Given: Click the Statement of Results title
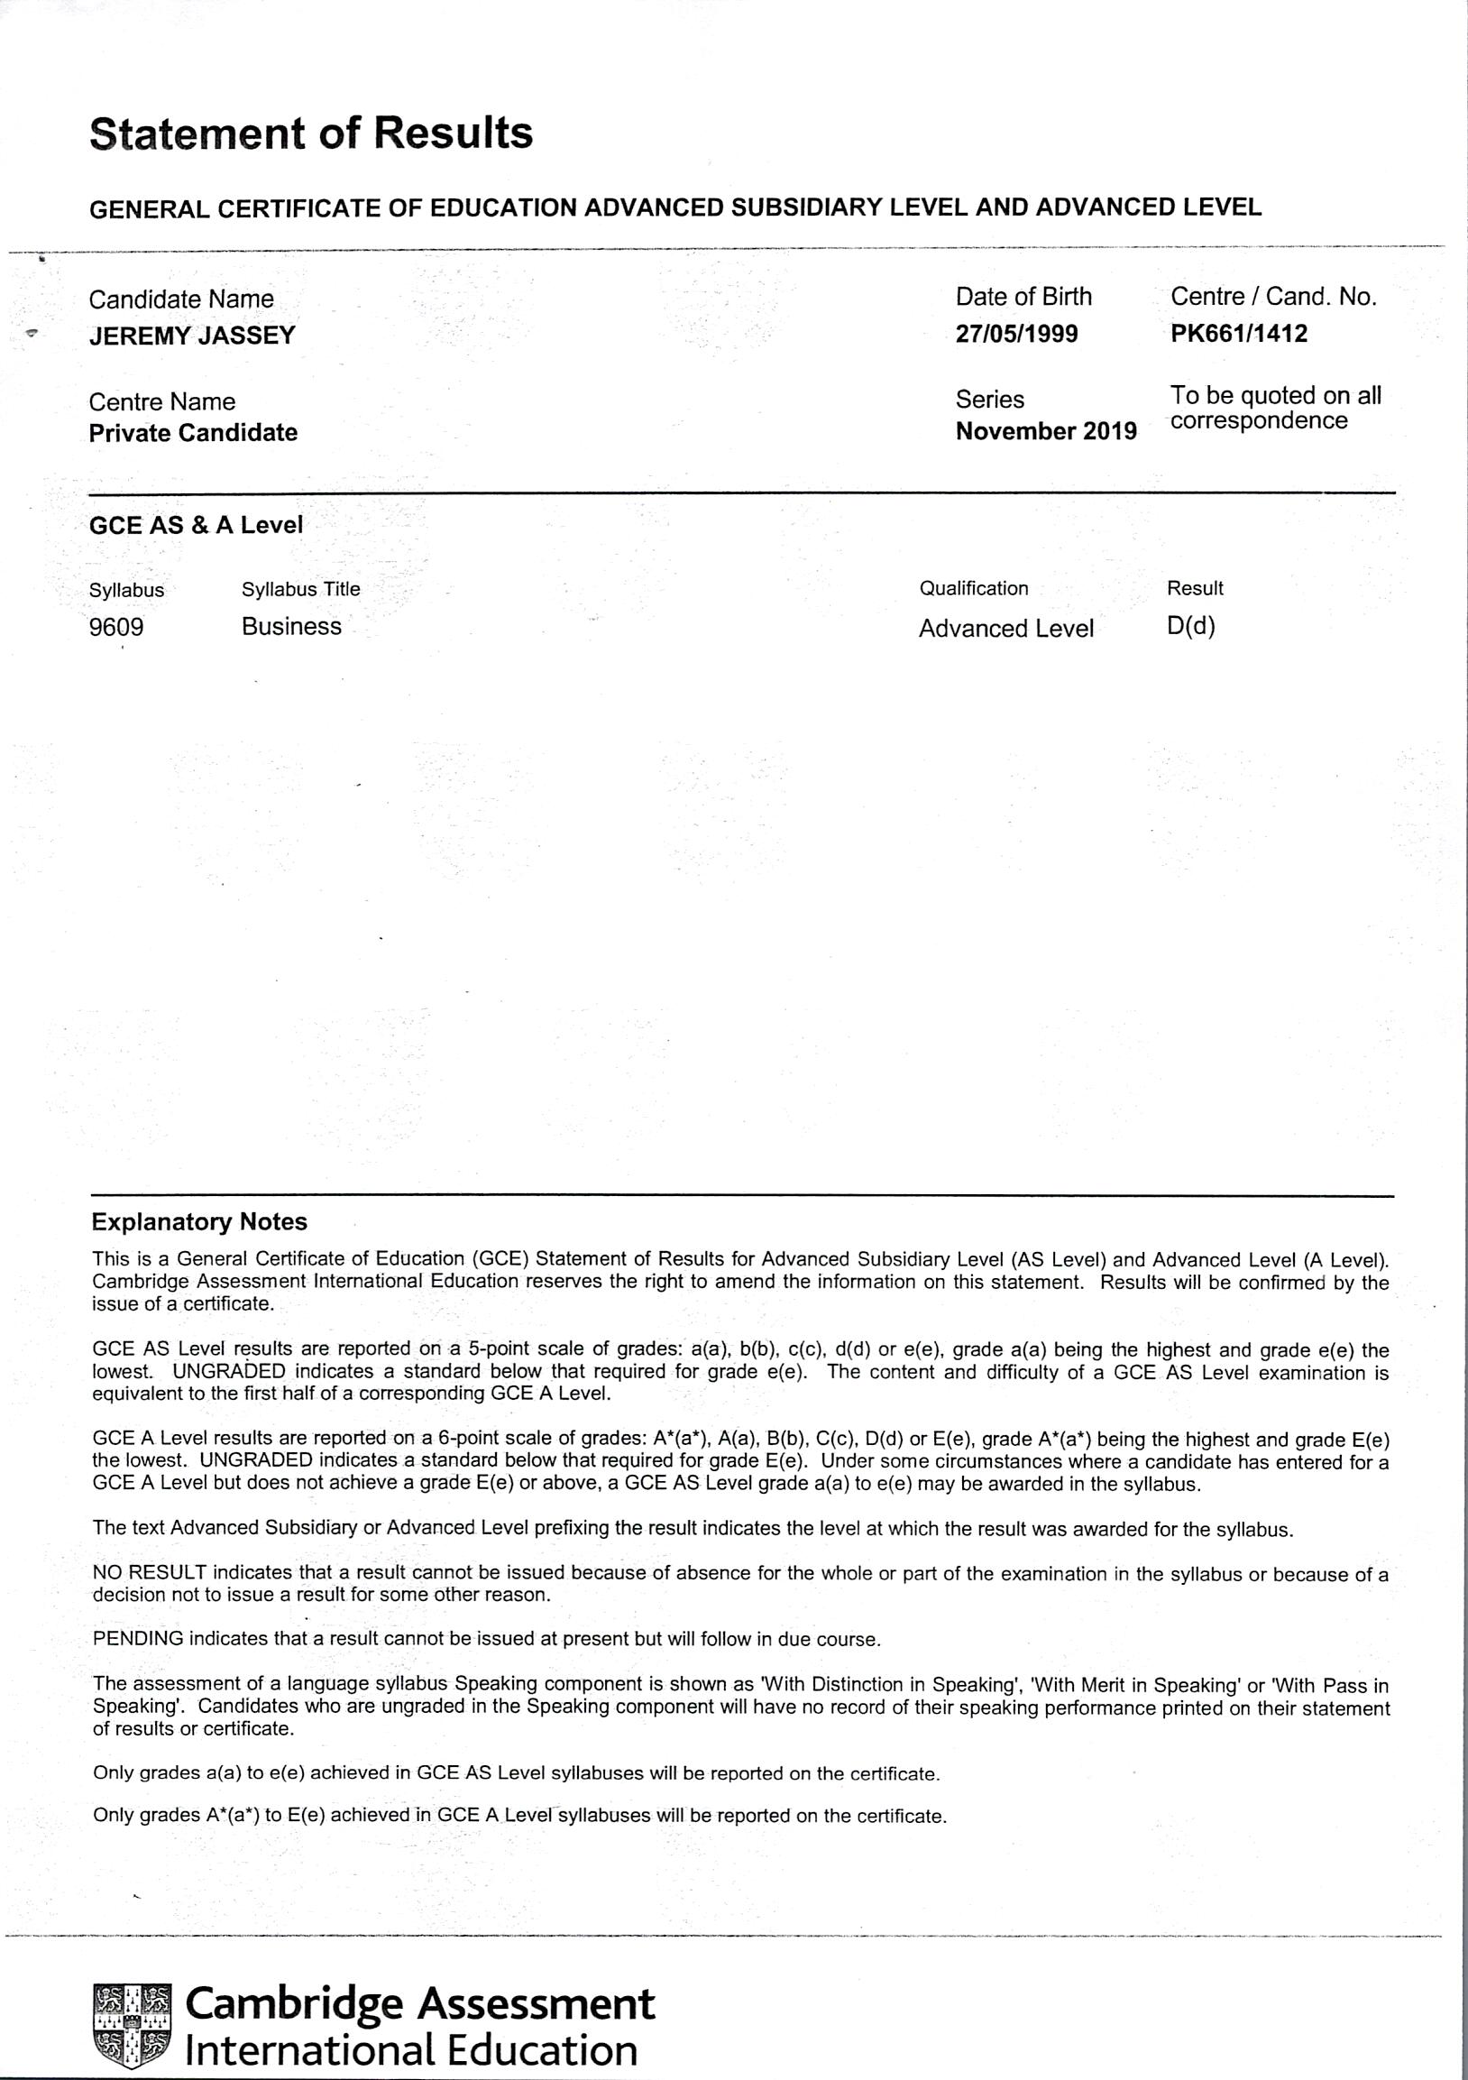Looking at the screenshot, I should (x=311, y=134).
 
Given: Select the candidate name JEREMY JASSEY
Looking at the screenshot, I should (x=192, y=336).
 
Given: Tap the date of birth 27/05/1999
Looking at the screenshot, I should (x=1017, y=335).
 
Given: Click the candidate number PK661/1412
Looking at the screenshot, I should (x=1239, y=335).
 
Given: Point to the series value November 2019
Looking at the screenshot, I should (x=1046, y=431).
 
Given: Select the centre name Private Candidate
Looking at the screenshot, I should (x=193, y=433).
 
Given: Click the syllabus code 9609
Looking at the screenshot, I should (x=116, y=627).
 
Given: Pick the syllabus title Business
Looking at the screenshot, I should (x=291, y=627).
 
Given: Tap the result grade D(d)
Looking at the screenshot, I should (x=1191, y=627).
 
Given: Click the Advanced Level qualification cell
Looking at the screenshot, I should (x=1006, y=629).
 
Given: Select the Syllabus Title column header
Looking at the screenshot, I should (x=300, y=590).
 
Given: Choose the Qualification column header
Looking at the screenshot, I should (x=974, y=589).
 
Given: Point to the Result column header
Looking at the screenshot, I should (x=1195, y=589).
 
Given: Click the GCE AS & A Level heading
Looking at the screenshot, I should (x=196, y=526).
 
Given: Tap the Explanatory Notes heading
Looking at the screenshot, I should (x=199, y=1223).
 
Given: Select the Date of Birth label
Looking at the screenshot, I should (x=1023, y=297).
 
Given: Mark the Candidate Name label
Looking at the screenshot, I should (x=181, y=299).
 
